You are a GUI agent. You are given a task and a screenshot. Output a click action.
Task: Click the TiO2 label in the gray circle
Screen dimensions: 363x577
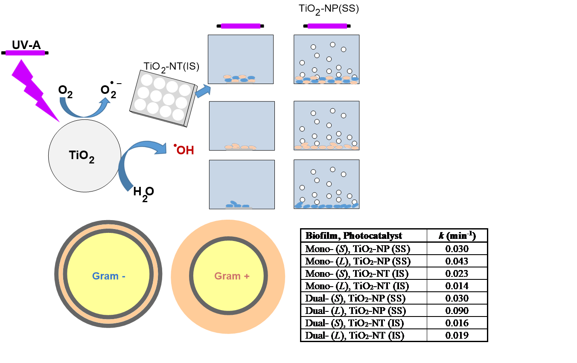point(82,156)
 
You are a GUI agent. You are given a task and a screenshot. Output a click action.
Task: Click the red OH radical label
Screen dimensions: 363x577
point(184,150)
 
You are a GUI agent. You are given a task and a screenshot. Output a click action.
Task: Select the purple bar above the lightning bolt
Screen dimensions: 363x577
point(25,53)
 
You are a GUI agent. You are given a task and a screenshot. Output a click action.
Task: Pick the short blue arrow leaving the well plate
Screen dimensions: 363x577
point(203,90)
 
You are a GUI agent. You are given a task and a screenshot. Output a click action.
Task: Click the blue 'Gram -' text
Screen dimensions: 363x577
point(108,276)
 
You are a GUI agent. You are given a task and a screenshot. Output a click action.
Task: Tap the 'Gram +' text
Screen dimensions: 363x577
point(232,276)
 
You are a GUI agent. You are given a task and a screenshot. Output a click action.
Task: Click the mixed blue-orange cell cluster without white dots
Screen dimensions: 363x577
point(239,79)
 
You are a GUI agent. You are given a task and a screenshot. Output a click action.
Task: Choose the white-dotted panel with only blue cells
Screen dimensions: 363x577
point(326,184)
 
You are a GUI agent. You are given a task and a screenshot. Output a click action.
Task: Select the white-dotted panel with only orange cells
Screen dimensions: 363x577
point(326,125)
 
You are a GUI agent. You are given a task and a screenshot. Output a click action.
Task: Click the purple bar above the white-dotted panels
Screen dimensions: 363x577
point(327,26)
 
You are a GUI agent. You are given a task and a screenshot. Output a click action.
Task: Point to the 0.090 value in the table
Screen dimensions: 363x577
point(457,311)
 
